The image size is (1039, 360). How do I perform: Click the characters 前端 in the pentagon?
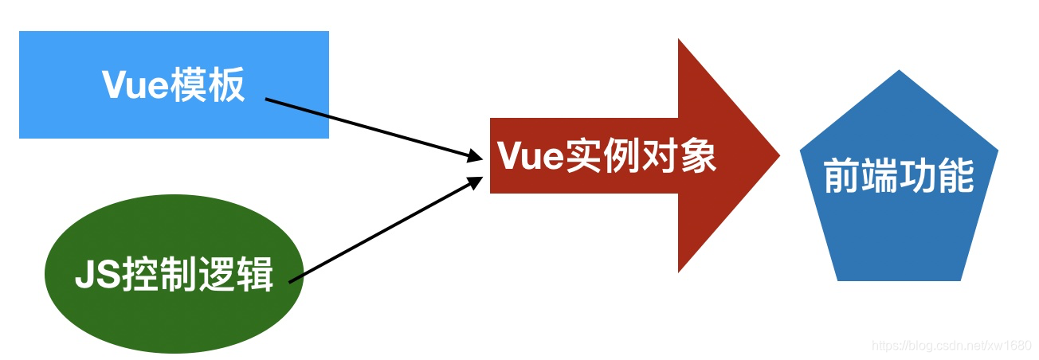pyautogui.click(x=861, y=177)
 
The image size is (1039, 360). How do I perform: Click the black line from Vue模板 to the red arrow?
pyautogui.click(x=367, y=128)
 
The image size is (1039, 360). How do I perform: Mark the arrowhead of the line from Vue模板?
pyautogui.click(x=476, y=158)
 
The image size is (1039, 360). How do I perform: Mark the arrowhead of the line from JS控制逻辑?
pyautogui.click(x=476, y=181)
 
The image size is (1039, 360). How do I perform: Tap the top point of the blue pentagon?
pyautogui.click(x=899, y=72)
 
